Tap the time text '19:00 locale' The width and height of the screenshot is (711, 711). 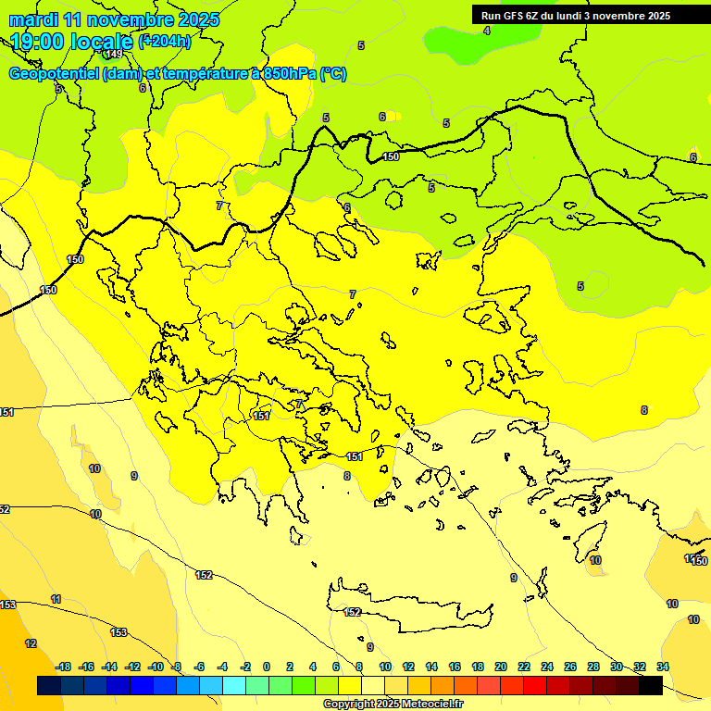point(72,42)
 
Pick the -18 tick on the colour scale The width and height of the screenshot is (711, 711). point(63,667)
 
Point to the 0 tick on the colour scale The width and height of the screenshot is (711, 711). point(267,667)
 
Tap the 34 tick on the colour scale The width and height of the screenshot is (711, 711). point(663,667)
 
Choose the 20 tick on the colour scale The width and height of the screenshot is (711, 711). point(501,667)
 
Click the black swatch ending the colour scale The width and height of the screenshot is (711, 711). point(651,686)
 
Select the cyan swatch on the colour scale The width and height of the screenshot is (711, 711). point(234,686)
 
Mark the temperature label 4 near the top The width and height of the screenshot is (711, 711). point(487,31)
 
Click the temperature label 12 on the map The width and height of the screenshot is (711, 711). point(31,643)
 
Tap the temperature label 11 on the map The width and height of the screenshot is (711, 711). point(56,600)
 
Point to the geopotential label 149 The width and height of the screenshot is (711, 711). point(114,55)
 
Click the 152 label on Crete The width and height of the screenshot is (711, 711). point(352,612)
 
